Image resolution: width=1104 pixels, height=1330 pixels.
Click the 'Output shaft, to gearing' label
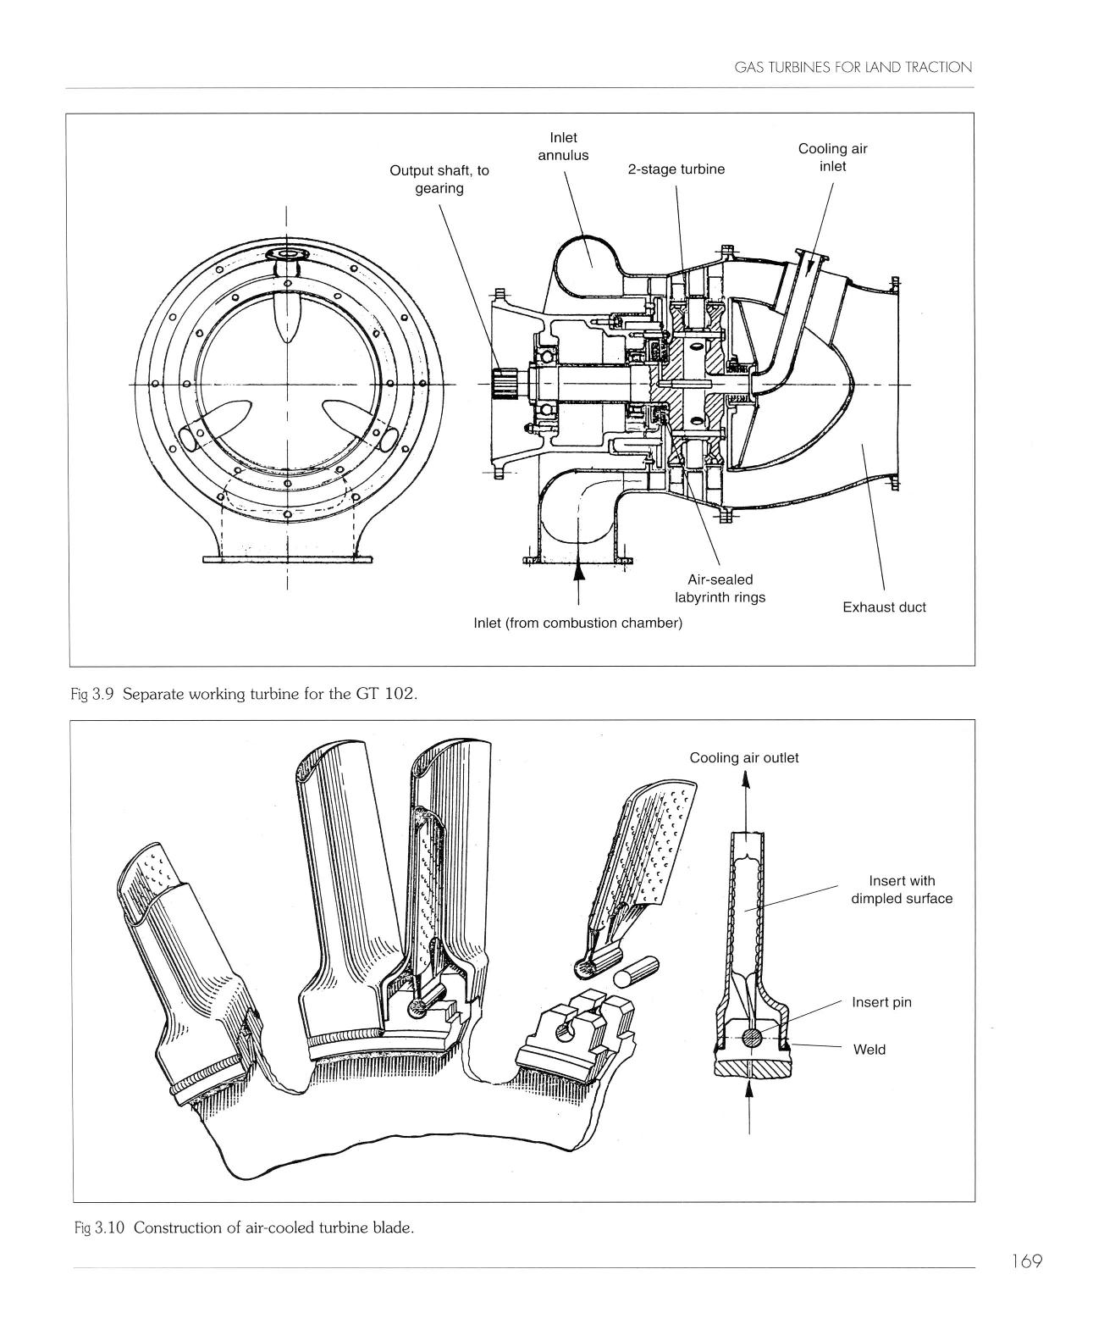click(x=439, y=180)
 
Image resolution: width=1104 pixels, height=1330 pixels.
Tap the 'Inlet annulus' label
click(x=564, y=147)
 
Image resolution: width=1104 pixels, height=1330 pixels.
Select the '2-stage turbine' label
click(x=676, y=169)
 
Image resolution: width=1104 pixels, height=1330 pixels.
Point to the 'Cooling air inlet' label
click(x=833, y=158)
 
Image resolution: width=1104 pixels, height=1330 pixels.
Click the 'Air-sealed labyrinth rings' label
click(x=720, y=589)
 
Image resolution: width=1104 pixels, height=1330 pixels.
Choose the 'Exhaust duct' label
click(x=885, y=607)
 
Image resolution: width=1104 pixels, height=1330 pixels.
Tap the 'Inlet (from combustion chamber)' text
click(x=578, y=623)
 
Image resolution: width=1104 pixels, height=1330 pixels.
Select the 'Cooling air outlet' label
click(x=744, y=758)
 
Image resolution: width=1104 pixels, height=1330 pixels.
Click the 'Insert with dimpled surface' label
click(x=903, y=889)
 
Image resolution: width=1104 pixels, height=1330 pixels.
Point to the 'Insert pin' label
click(x=882, y=1003)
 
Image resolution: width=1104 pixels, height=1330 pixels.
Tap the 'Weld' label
click(x=869, y=1050)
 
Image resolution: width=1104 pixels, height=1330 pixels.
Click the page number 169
click(x=1026, y=1261)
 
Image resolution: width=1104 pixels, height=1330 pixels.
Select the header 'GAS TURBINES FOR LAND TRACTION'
click(x=853, y=68)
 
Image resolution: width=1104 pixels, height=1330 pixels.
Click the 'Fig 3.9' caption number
click(x=91, y=695)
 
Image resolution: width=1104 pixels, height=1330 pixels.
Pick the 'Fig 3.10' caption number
click(x=99, y=1228)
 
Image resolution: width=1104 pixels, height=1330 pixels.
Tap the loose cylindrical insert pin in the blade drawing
click(x=636, y=974)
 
